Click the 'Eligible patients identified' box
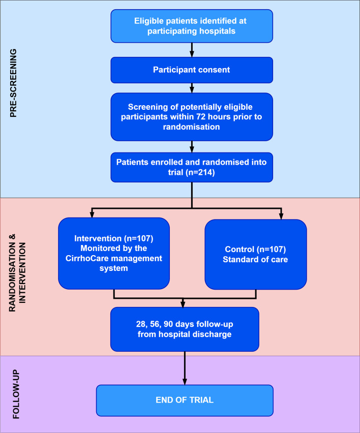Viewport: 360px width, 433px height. (x=192, y=26)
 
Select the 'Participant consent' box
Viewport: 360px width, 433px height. (x=192, y=70)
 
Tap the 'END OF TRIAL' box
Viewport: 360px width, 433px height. (x=185, y=400)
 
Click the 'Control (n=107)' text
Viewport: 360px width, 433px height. (x=255, y=249)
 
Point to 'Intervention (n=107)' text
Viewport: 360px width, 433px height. (x=113, y=238)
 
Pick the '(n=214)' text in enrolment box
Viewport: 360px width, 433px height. (x=200, y=172)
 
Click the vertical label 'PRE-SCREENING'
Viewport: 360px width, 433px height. (x=13, y=83)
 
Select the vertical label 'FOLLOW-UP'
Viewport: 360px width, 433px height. (x=16, y=394)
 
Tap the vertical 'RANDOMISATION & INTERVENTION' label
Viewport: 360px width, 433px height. (x=17, y=273)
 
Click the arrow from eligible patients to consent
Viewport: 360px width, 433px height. (x=192, y=50)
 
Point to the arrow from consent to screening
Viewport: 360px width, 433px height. (x=192, y=88)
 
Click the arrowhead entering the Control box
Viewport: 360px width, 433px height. (x=281, y=216)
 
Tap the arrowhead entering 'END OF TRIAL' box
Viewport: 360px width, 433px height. (x=185, y=382)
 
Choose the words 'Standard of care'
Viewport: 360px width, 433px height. (x=255, y=259)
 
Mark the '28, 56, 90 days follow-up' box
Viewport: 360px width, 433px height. (x=185, y=329)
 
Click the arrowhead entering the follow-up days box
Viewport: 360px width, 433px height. (x=183, y=304)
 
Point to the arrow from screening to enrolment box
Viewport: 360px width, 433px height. (x=192, y=147)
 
